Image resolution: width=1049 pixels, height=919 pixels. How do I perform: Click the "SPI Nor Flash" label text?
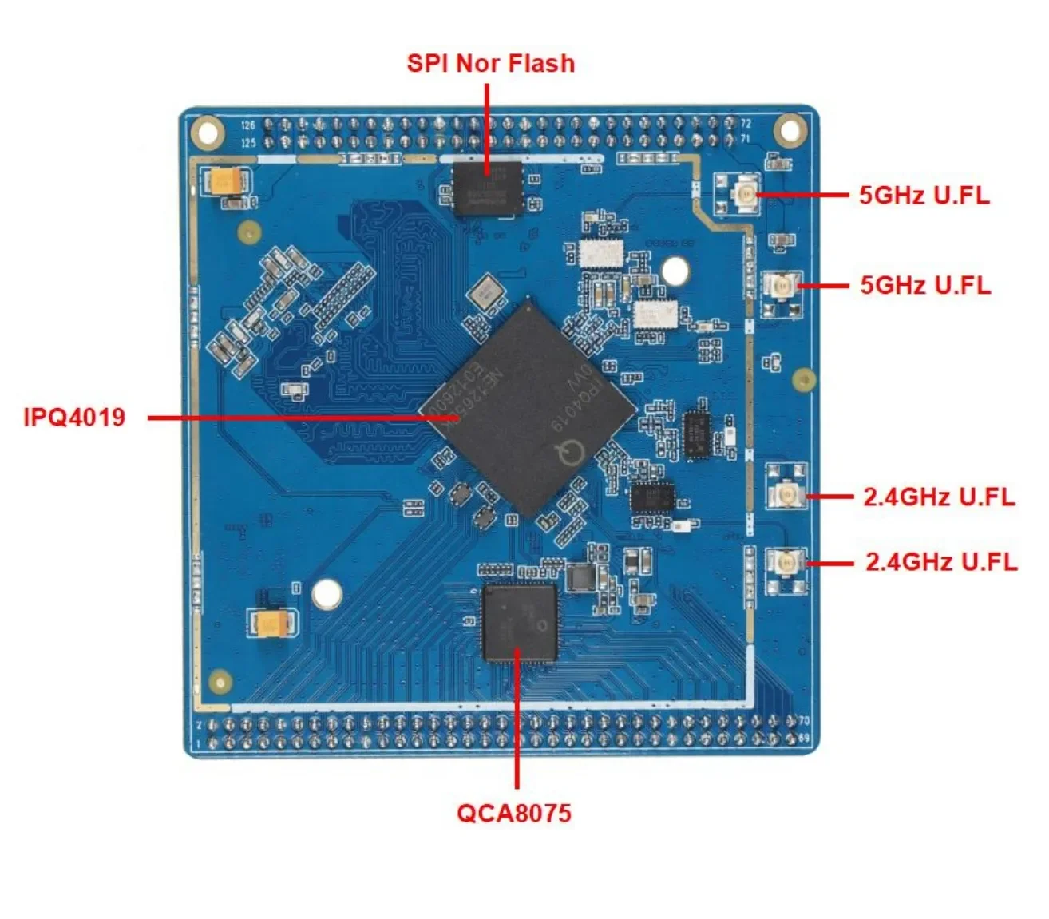490,63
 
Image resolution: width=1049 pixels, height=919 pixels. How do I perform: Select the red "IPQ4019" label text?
74,417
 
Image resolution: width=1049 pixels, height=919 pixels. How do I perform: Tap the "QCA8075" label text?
514,813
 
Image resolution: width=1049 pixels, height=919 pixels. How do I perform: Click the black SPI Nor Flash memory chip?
487,188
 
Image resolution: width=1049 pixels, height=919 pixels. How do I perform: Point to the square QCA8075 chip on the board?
520,623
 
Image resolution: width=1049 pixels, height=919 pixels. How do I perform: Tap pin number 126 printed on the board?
247,125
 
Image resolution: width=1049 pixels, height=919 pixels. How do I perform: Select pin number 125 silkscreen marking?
247,143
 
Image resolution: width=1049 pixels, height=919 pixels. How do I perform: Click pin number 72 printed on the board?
746,124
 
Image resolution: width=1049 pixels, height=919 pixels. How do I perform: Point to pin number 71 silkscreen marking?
746,138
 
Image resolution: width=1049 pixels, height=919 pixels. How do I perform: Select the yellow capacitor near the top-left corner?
228,182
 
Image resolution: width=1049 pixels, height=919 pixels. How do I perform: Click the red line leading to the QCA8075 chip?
517,719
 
